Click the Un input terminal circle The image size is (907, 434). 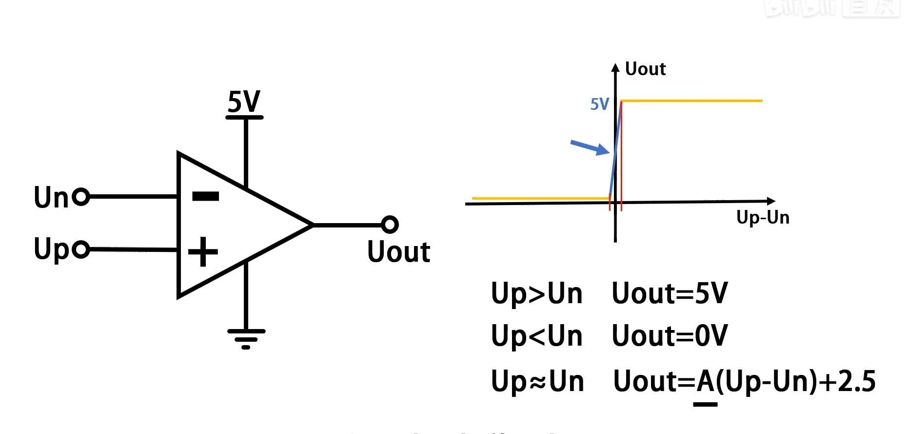click(x=81, y=197)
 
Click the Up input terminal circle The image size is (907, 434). click(x=81, y=249)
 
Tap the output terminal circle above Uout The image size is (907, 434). click(x=390, y=225)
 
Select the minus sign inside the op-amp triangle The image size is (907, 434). click(x=206, y=196)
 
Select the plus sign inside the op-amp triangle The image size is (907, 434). click(x=203, y=252)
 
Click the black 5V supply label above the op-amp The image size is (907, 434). click(x=244, y=102)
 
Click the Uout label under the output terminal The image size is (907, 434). click(x=398, y=252)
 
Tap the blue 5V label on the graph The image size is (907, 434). click(x=599, y=104)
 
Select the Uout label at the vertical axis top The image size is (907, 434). click(x=645, y=69)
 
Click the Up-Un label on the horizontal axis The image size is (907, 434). click(x=763, y=217)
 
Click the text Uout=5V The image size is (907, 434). click(x=670, y=293)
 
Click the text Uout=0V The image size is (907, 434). click(x=670, y=336)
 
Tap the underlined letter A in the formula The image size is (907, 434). click(x=705, y=382)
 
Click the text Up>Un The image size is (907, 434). click(x=536, y=293)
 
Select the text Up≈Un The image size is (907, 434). click(x=537, y=381)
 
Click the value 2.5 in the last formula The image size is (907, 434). click(x=856, y=382)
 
